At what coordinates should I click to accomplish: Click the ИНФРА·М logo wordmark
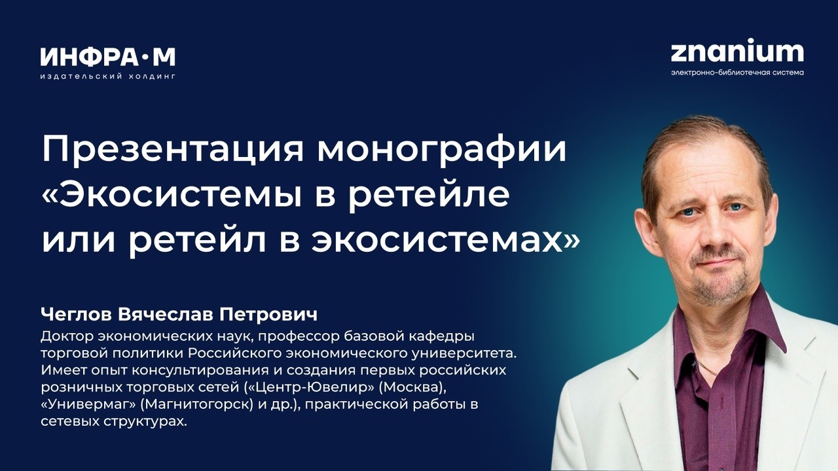pyautogui.click(x=108, y=57)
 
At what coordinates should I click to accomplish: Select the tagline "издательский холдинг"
pyautogui.click(x=108, y=77)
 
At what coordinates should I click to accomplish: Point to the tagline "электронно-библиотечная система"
pyautogui.click(x=737, y=73)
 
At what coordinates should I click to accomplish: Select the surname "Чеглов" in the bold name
pyautogui.click(x=76, y=315)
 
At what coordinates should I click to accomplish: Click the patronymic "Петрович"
pyautogui.click(x=268, y=315)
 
